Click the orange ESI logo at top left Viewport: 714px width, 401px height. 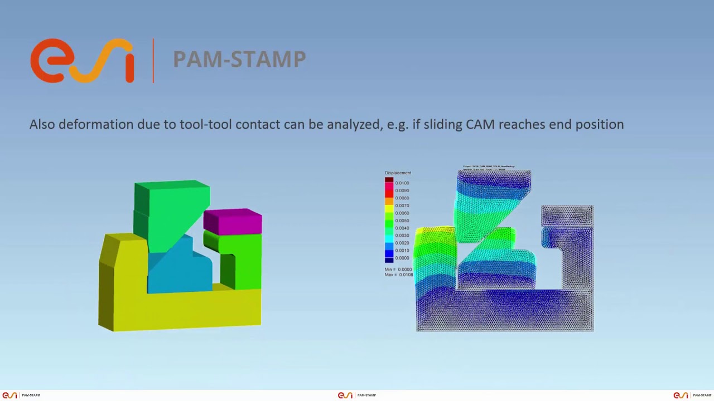pos(82,60)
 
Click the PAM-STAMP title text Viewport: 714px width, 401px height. pos(239,59)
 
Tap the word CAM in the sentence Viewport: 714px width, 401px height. pos(480,124)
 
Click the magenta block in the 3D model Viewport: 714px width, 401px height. pos(233,222)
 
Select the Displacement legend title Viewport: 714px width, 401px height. pos(398,173)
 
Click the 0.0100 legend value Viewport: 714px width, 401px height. pos(402,183)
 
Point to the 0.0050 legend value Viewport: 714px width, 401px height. pos(402,221)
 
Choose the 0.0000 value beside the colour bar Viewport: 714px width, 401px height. pos(402,258)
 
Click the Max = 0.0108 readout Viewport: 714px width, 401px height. pos(398,275)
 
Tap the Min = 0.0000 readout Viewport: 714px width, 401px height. pos(398,269)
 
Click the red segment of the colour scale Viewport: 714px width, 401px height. pos(389,189)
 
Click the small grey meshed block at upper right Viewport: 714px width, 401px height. pos(567,216)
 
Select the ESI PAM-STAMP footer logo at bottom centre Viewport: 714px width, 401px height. pos(357,395)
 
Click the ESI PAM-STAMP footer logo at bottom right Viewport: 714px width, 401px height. pos(692,395)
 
